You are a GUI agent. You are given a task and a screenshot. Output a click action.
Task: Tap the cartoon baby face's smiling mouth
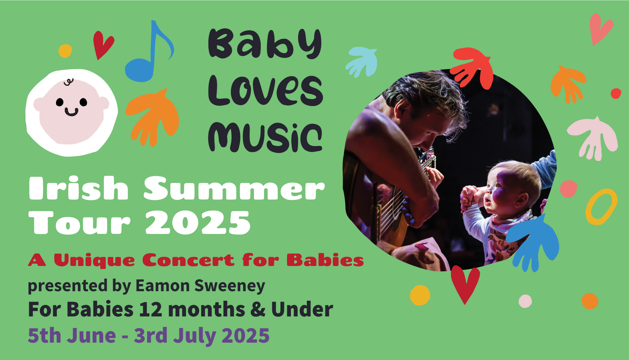[x=71, y=112]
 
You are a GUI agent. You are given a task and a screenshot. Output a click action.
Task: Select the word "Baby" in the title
[x=265, y=43]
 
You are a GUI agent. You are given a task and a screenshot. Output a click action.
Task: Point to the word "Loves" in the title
[x=265, y=90]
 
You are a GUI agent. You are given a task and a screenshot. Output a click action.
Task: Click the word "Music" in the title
[x=265, y=138]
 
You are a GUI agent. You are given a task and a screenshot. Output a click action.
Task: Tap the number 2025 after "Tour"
[x=198, y=222]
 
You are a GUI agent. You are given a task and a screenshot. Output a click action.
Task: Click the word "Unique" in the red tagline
[x=94, y=261]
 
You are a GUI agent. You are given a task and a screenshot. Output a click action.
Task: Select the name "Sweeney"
[x=230, y=286]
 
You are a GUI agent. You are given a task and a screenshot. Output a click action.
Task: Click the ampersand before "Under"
[x=258, y=310]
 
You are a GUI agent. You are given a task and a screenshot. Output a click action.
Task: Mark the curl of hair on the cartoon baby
[x=68, y=82]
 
